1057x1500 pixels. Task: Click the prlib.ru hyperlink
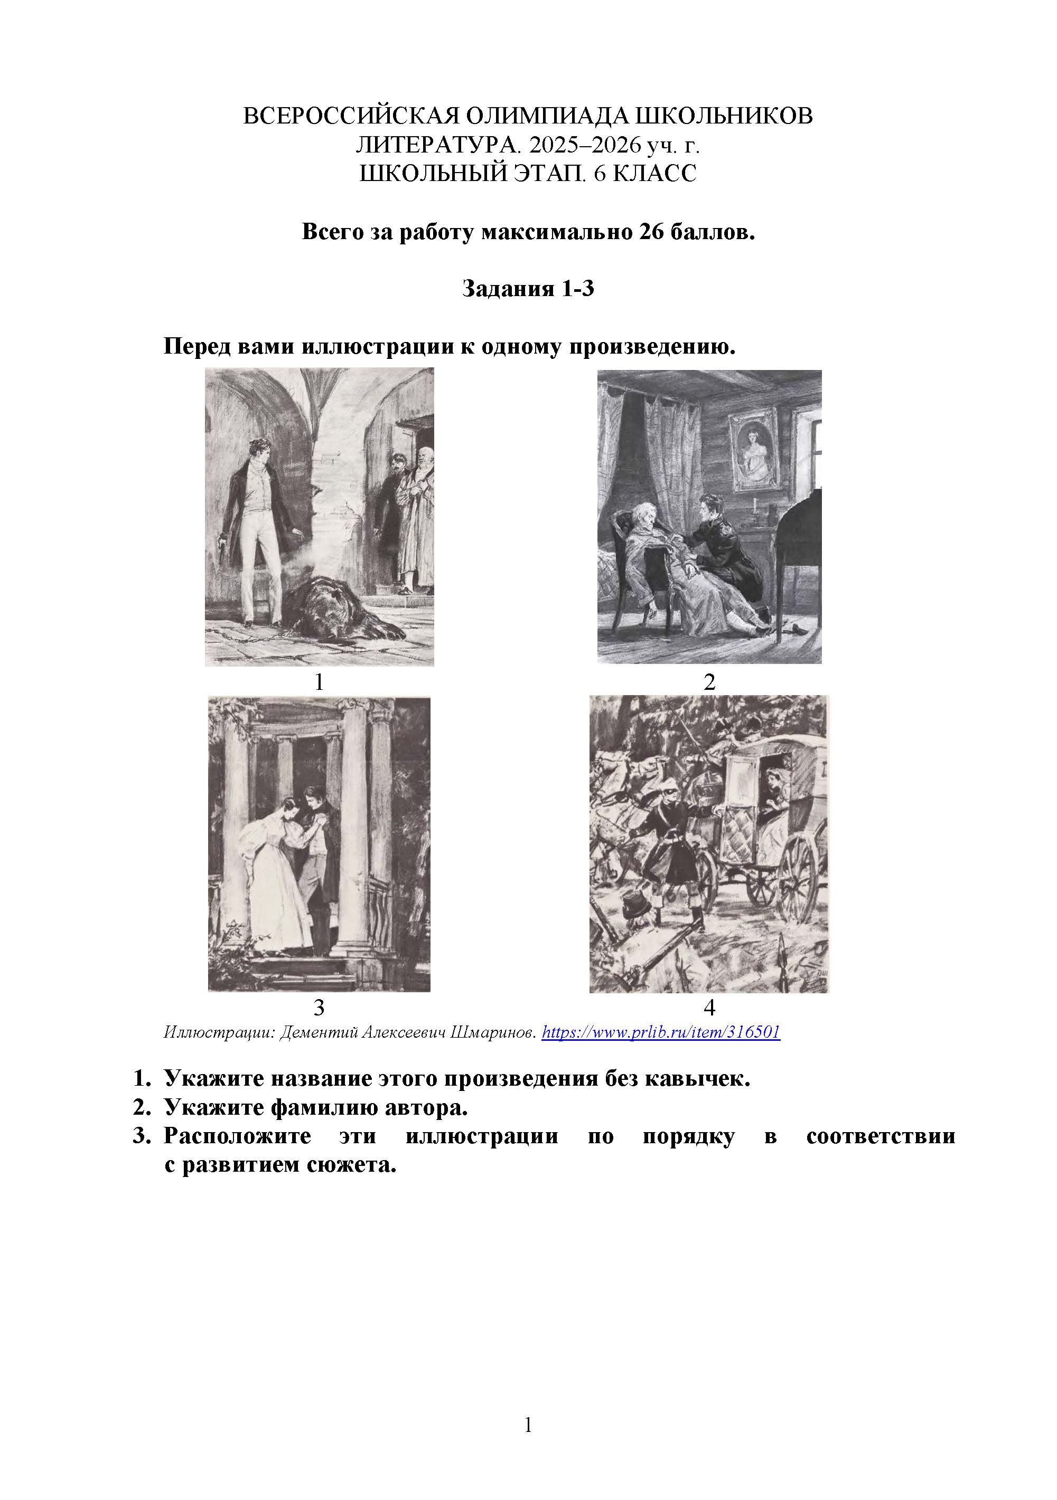point(661,1032)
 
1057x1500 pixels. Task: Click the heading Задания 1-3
point(528,288)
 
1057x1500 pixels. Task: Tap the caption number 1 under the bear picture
point(319,682)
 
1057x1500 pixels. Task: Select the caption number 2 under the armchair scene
point(709,682)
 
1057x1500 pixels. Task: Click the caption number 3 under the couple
point(319,1008)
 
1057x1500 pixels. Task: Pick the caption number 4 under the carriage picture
point(709,1008)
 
